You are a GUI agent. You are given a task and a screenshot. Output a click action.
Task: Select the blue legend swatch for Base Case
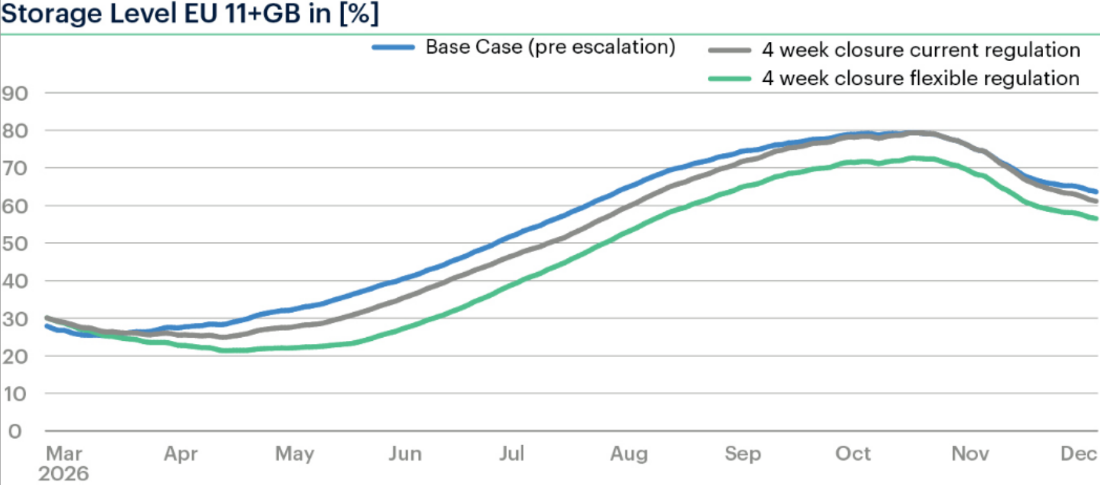(393, 47)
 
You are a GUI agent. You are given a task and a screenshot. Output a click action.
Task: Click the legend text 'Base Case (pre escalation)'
(550, 47)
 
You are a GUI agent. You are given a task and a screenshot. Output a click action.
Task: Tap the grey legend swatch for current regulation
(729, 51)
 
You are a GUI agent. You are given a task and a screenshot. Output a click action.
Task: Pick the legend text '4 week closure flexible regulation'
(920, 79)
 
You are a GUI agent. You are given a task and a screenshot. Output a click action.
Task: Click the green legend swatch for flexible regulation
(729, 79)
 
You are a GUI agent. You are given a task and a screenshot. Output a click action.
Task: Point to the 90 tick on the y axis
(15, 94)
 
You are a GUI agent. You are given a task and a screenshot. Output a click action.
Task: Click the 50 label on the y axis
(15, 243)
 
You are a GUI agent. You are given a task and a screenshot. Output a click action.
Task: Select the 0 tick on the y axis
(15, 431)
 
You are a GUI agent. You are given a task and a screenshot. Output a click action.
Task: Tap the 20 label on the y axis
(15, 356)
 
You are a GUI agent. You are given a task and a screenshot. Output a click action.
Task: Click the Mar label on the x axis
(64, 453)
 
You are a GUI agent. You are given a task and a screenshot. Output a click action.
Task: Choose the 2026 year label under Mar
(64, 474)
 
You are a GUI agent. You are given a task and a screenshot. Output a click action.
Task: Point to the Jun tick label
(405, 453)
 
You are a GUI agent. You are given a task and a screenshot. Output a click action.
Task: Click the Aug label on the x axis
(628, 453)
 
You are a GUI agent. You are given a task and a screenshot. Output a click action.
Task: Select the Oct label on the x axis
(853, 453)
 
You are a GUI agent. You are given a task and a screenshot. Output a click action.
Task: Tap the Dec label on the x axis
(1079, 453)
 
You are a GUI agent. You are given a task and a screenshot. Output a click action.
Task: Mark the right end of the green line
(1096, 218)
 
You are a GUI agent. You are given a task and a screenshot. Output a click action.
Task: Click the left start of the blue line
(47, 326)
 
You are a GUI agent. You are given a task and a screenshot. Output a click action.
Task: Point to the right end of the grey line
(1096, 201)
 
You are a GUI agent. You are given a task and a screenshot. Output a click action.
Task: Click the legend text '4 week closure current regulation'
(921, 51)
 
